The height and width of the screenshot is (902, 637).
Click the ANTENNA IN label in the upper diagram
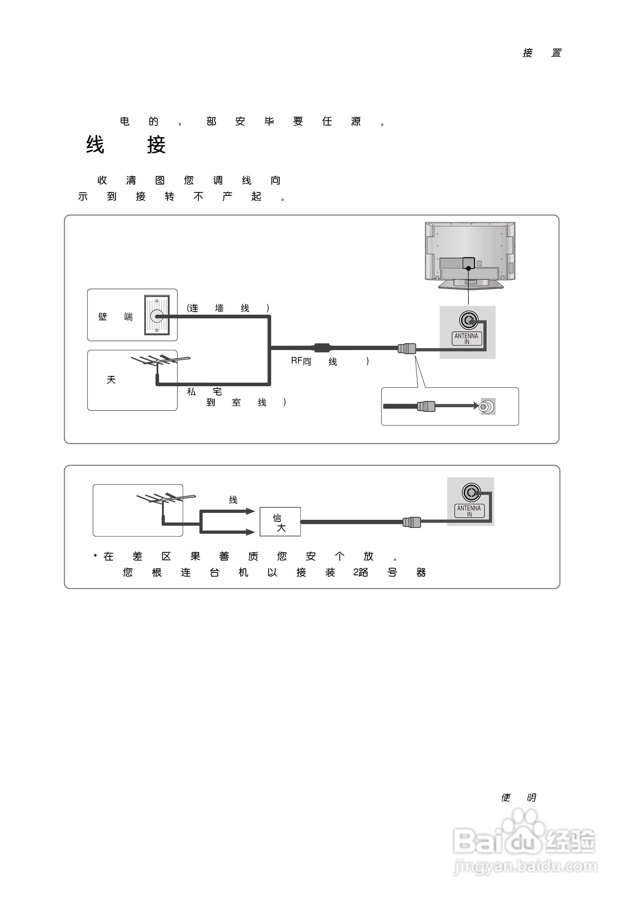click(x=467, y=339)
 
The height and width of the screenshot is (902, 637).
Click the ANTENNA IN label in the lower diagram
click(x=469, y=511)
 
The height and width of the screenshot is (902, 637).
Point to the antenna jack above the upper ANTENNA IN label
click(x=469, y=321)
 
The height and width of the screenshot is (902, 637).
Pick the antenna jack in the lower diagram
click(x=471, y=492)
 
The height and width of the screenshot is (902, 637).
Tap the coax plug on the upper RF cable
click(x=407, y=348)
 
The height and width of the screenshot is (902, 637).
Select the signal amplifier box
click(x=280, y=522)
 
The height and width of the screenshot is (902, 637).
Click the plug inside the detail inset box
click(x=426, y=406)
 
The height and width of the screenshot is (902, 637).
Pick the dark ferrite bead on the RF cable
click(x=322, y=347)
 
